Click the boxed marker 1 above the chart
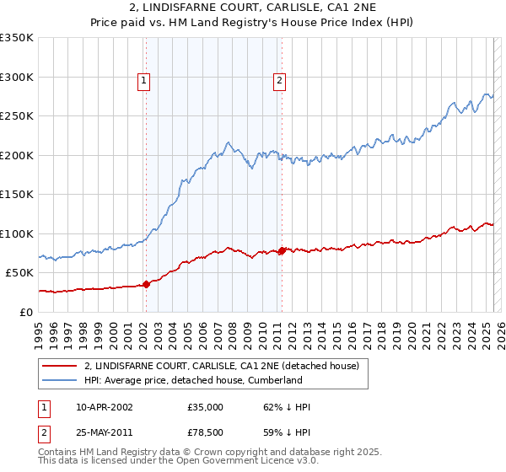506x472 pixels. click(145, 81)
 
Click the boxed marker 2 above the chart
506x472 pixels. click(279, 81)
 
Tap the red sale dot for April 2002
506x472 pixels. click(146, 284)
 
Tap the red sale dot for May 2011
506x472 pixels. click(282, 250)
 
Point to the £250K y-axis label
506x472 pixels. click(17, 116)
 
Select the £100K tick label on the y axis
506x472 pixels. click(17, 233)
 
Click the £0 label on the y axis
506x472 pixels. click(26, 312)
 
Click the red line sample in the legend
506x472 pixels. click(60, 366)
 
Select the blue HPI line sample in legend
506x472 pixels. click(60, 380)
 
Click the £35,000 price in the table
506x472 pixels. click(205, 407)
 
